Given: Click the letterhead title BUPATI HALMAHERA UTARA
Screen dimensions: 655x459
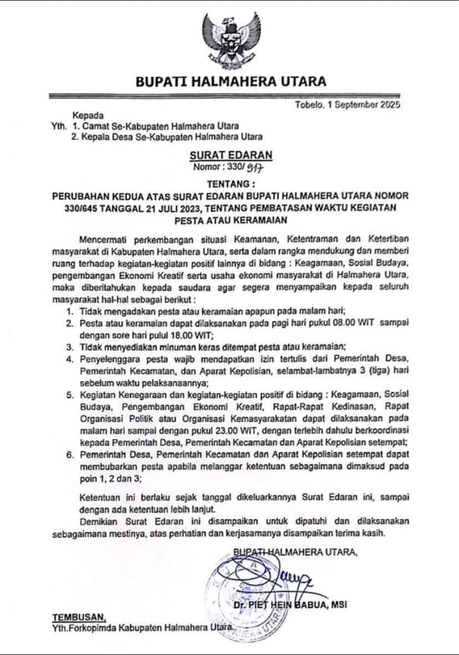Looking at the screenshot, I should [x=231, y=82].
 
